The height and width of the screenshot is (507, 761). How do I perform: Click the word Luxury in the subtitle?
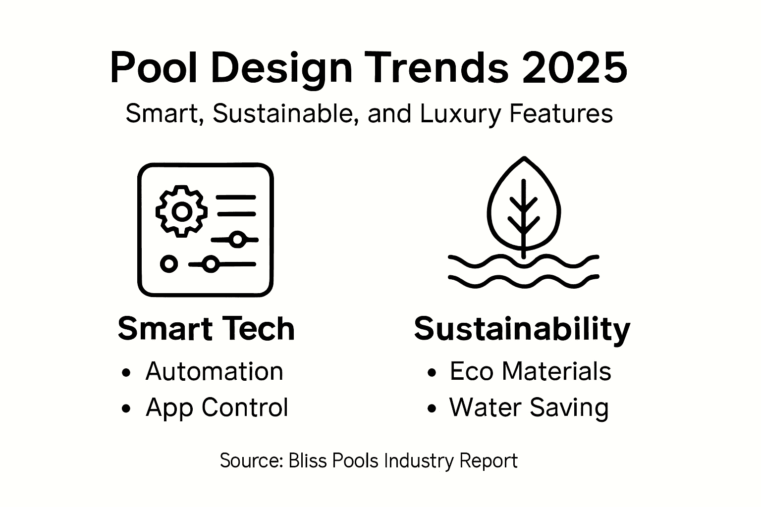(458, 113)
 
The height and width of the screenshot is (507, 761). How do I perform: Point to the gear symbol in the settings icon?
(182, 211)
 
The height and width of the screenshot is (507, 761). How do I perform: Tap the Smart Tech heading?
(206, 329)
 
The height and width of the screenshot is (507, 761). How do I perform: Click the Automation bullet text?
(214, 371)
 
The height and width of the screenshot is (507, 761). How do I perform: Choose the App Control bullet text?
(217, 407)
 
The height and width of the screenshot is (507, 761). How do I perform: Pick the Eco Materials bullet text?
(530, 371)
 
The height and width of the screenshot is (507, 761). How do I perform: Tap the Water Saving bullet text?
(529, 407)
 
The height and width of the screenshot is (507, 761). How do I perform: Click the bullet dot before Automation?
(126, 372)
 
